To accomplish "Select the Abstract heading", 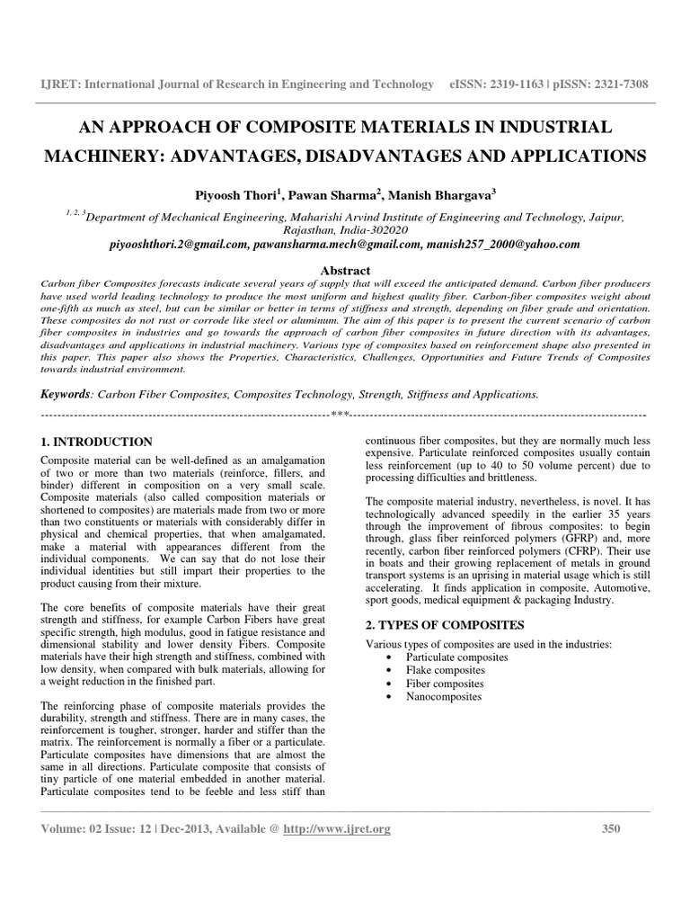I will (x=345, y=270).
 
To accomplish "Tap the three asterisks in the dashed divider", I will (x=340, y=415).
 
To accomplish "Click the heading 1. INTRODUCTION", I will (x=98, y=443).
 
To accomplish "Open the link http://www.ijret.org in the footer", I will (x=337, y=829).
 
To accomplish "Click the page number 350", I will (x=611, y=829).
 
